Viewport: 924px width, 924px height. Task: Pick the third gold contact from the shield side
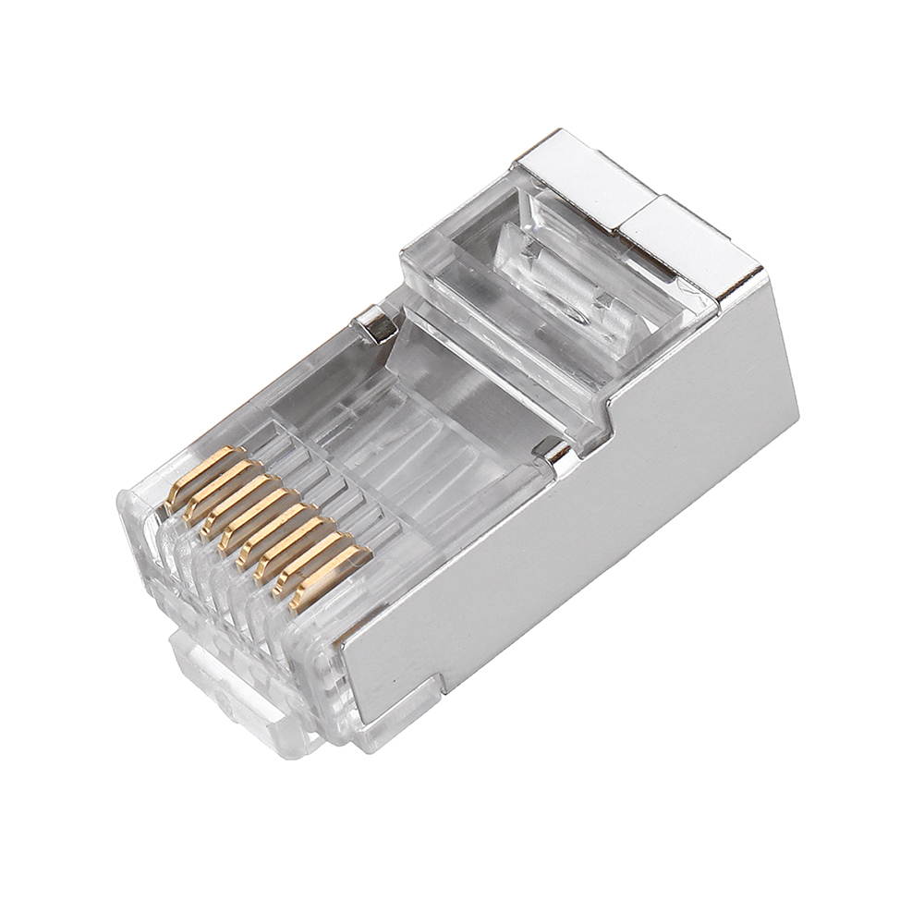(x=290, y=545)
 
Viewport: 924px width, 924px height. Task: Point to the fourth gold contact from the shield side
(x=271, y=531)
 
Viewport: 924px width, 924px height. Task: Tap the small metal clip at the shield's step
(x=555, y=453)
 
